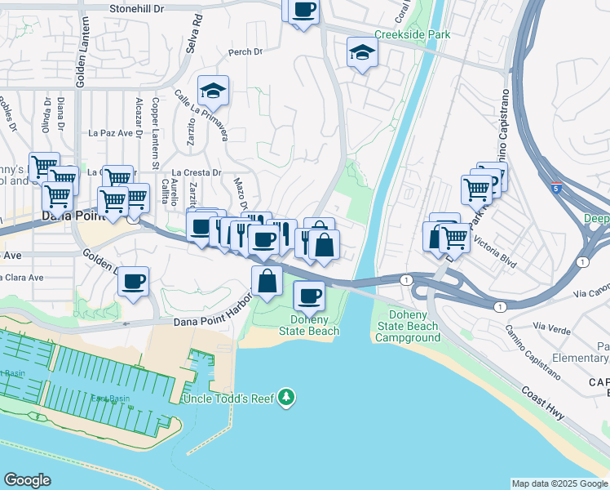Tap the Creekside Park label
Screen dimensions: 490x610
coord(412,35)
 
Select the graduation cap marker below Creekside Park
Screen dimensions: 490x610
coord(362,53)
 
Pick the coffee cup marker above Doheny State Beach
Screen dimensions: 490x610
coord(308,296)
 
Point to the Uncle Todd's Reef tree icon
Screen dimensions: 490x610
coord(285,398)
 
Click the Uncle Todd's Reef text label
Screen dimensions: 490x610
coord(233,398)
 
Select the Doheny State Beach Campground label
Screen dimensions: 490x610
coord(409,327)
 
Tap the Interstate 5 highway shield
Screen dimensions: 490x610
coord(555,187)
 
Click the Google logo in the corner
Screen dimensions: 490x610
coord(27,480)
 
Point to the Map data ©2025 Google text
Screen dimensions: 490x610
coord(559,483)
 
